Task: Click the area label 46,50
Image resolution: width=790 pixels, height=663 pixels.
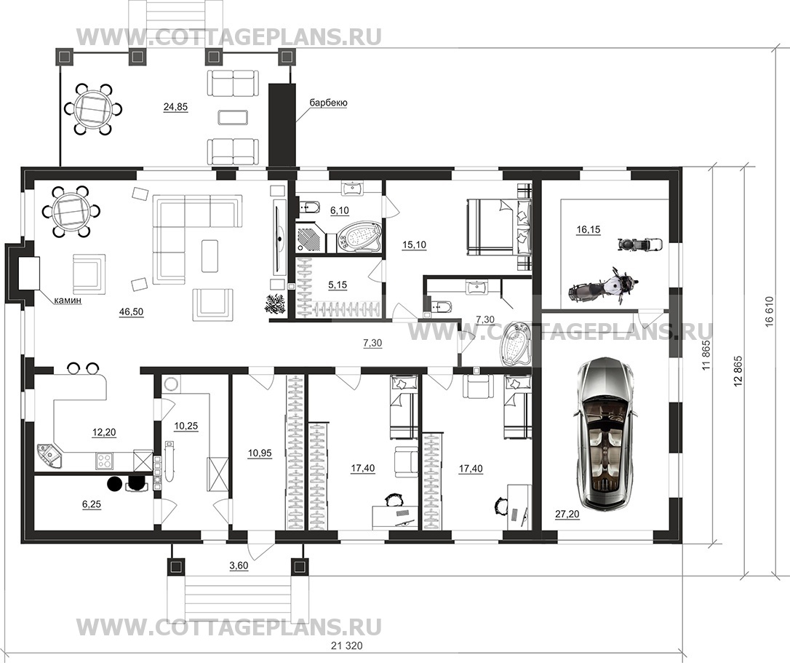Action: coord(131,312)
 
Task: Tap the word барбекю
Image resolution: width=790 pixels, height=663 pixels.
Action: coord(328,103)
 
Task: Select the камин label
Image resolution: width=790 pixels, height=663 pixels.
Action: coord(67,301)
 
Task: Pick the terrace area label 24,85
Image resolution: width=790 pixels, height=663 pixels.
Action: coord(175,106)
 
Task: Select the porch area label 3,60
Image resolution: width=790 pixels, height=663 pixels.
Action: coord(239,565)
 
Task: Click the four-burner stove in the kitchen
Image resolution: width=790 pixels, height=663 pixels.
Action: coord(104,460)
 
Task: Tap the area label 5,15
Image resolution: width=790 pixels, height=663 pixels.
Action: coord(338,285)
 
